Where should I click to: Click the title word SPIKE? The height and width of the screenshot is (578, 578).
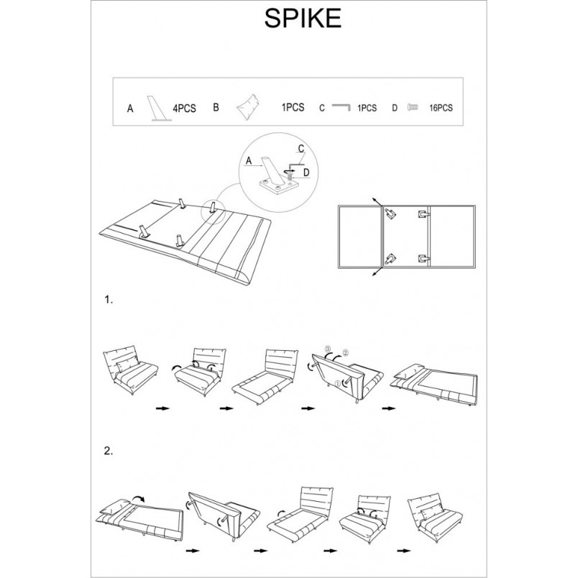pyautogui.click(x=303, y=18)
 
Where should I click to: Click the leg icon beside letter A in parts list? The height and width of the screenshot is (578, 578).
pyautogui.click(x=159, y=109)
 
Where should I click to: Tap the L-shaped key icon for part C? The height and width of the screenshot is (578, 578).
pyautogui.click(x=341, y=107)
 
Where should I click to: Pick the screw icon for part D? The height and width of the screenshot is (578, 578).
pyautogui.click(x=413, y=107)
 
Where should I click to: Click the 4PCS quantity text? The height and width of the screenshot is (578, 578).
pyautogui.click(x=184, y=109)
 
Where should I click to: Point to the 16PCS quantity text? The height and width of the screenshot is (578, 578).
pyautogui.click(x=441, y=108)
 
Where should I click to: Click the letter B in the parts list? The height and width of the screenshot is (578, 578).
pyautogui.click(x=216, y=107)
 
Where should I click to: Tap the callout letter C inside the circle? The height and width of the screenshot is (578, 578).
pyautogui.click(x=301, y=149)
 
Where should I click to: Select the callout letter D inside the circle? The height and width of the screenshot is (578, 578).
pyautogui.click(x=306, y=173)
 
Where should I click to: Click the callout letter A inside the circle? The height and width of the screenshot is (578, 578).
pyautogui.click(x=249, y=161)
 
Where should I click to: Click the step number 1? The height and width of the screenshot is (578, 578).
pyautogui.click(x=109, y=300)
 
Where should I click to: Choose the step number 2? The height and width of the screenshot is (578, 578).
pyautogui.click(x=109, y=451)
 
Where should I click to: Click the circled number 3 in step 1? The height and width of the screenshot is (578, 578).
pyautogui.click(x=328, y=349)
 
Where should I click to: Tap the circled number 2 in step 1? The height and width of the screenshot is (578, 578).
pyautogui.click(x=345, y=352)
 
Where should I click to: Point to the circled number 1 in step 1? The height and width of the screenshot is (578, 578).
pyautogui.click(x=337, y=384)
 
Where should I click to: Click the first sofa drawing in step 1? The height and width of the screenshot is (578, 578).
pyautogui.click(x=131, y=370)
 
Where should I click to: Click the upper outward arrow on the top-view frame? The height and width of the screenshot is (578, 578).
pyautogui.click(x=377, y=201)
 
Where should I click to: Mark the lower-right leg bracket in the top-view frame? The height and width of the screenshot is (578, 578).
pyautogui.click(x=424, y=258)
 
